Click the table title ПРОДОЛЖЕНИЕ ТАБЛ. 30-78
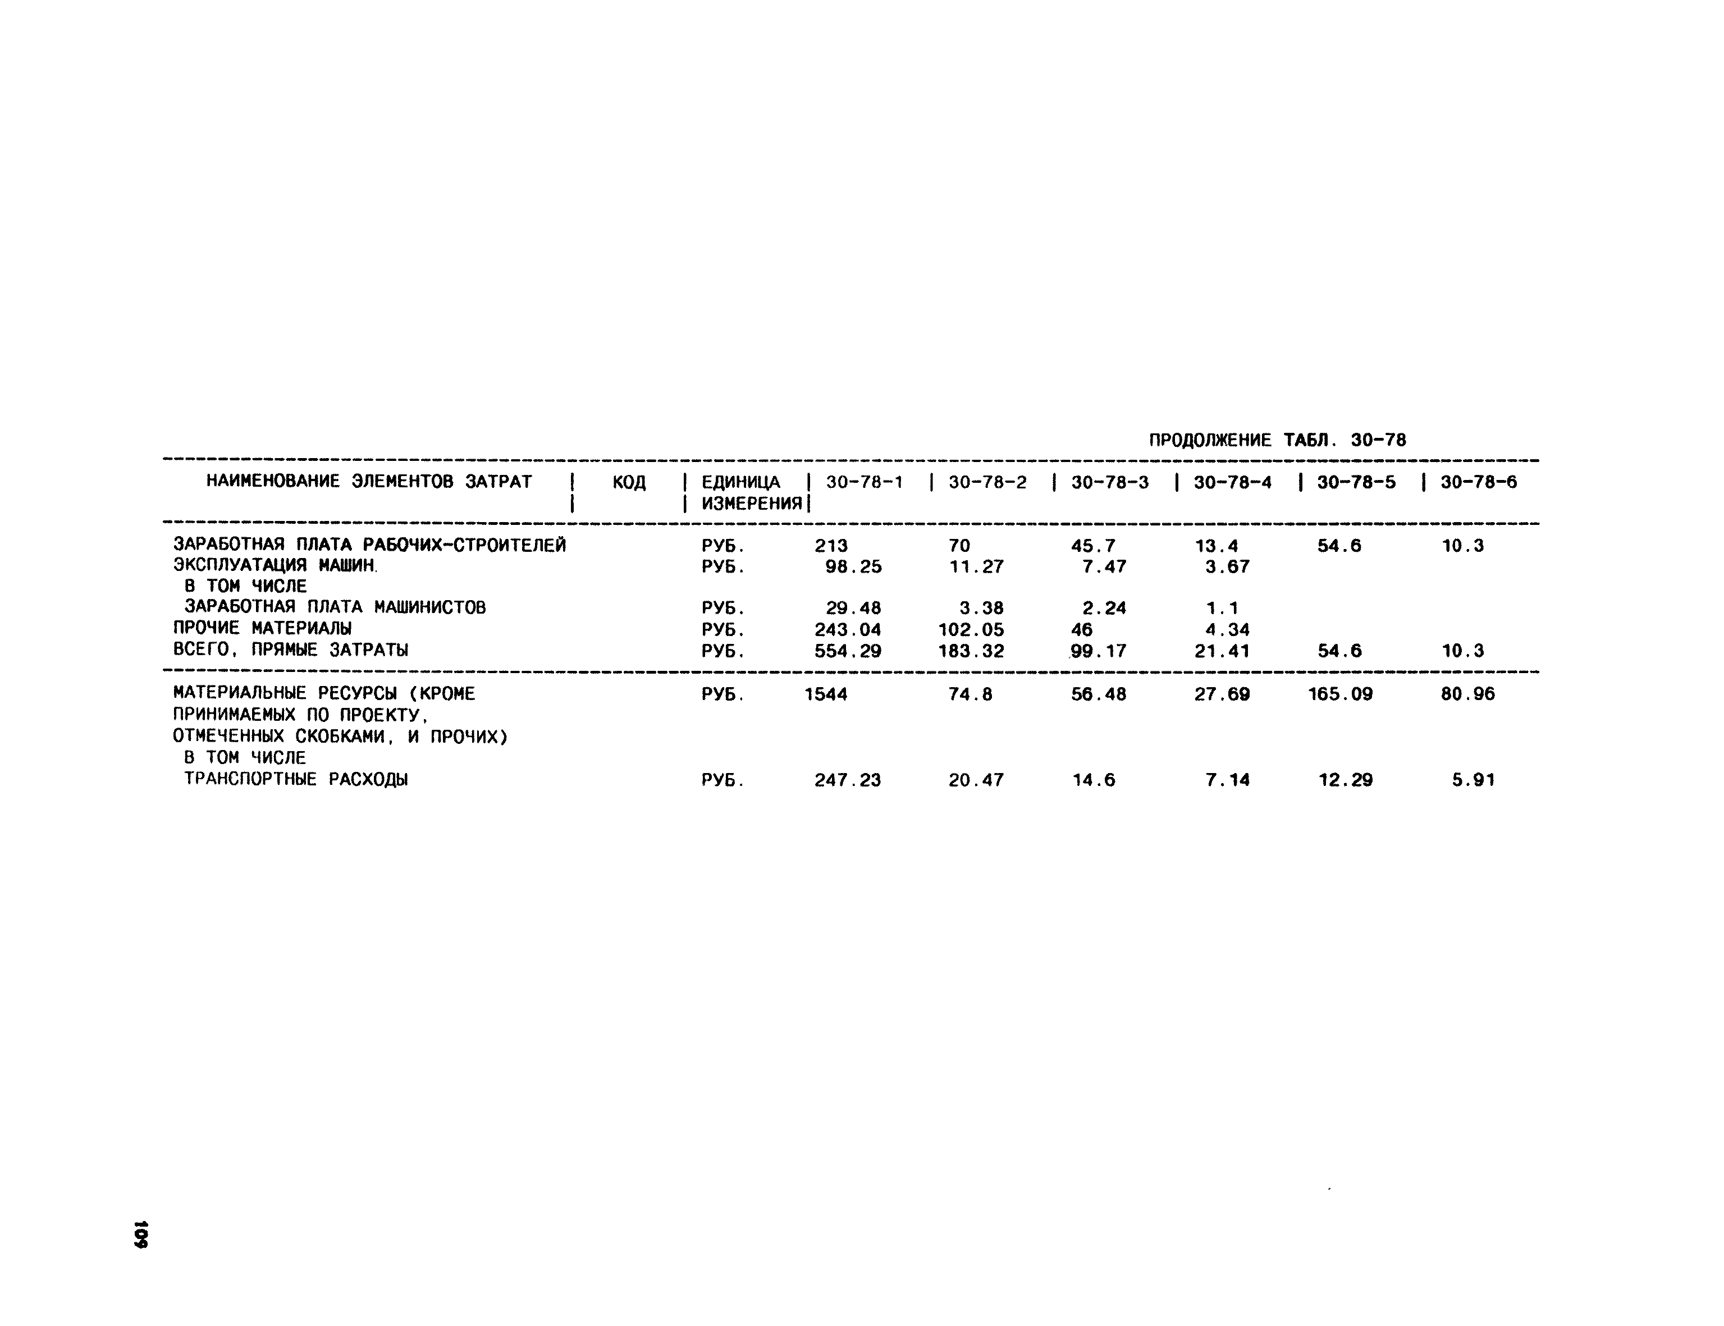[1277, 441]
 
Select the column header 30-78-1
[865, 482]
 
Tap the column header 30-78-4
[1232, 482]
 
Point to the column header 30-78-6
[1479, 482]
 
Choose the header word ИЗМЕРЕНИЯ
[752, 504]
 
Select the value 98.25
[853, 566]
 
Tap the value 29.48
[853, 609]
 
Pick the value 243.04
[847, 630]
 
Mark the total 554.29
[847, 651]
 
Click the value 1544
[826, 694]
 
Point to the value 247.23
[847, 780]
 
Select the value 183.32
[971, 651]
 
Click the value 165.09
[1339, 694]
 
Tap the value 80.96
[1467, 694]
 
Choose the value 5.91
[1473, 780]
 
